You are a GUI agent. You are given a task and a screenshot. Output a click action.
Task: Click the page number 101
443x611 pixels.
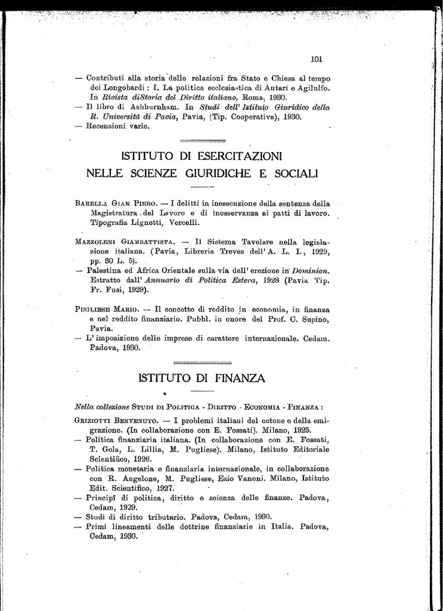[x=316, y=59]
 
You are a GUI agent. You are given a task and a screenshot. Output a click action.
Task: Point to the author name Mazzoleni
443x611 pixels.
[x=97, y=242]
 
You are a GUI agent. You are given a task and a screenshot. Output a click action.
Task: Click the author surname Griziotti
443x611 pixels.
[x=97, y=420]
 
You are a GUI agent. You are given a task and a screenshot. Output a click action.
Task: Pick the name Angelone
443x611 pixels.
[x=137, y=478]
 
